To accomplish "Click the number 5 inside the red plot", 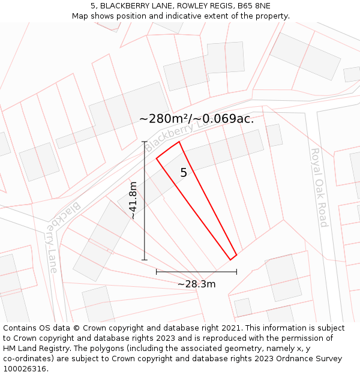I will pyautogui.click(x=184, y=173).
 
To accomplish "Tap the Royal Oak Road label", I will pyautogui.click(x=319, y=188).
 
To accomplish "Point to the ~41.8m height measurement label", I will pyautogui.click(x=133, y=200).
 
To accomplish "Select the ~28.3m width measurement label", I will pyautogui.click(x=196, y=284).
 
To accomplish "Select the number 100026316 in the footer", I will pyautogui.click(x=25, y=369).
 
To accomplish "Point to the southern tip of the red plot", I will pyautogui.click(x=231, y=260).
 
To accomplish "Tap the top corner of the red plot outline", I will pyautogui.click(x=179, y=142).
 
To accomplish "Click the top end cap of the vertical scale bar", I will pyautogui.click(x=144, y=142).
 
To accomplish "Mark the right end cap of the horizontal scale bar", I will pyautogui.click(x=236, y=272).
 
